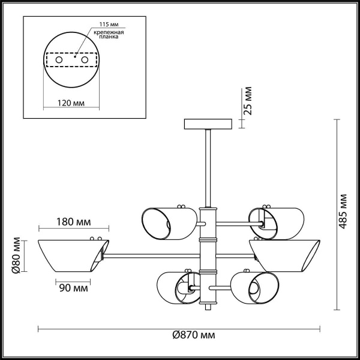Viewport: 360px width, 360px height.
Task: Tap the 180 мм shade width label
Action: [x=75, y=222]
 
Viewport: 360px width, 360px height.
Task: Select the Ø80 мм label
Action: [x=17, y=255]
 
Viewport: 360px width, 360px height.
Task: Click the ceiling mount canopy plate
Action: [x=208, y=124]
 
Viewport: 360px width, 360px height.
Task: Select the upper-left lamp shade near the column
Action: [x=168, y=223]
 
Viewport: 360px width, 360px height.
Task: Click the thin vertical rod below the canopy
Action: [x=208, y=168]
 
